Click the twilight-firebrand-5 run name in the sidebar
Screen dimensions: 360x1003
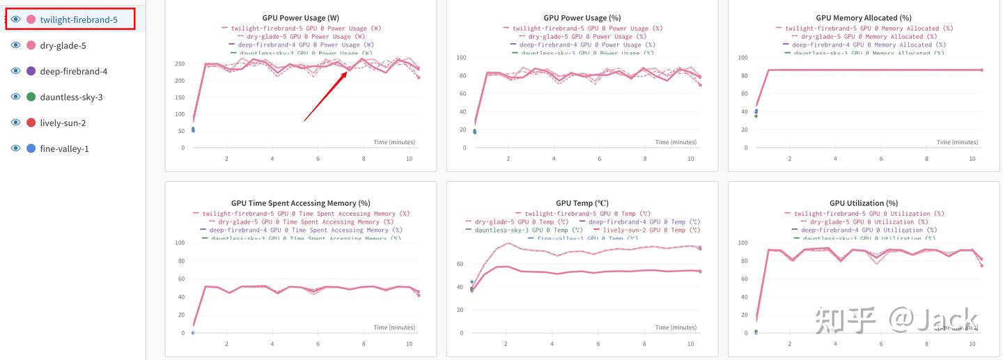point(78,19)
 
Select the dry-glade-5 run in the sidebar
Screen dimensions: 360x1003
point(63,45)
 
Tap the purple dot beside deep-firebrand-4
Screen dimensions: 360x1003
point(31,71)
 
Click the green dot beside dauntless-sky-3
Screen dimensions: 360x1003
point(31,97)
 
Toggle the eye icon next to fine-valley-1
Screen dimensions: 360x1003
point(15,148)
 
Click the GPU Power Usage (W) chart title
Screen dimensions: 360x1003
point(301,17)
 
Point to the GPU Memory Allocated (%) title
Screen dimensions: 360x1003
point(864,17)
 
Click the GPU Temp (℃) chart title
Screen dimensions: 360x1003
point(582,203)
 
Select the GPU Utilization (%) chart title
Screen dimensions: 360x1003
point(864,203)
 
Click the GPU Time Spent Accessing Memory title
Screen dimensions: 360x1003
point(301,203)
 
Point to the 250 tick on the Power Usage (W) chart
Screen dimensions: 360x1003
point(180,64)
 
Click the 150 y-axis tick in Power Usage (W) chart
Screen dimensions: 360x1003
point(180,97)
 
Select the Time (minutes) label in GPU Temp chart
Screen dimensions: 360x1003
point(676,327)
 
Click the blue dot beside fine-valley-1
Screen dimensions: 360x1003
point(31,148)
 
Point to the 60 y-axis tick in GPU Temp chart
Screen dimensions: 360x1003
point(460,264)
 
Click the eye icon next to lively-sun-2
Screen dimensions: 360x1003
point(15,123)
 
